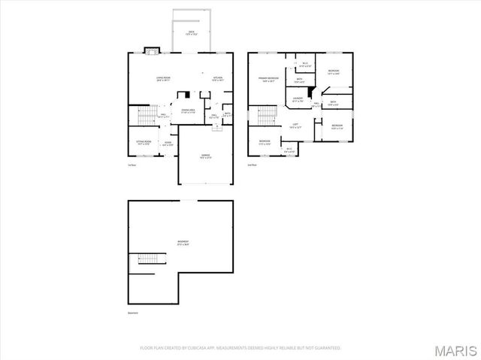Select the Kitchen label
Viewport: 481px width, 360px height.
click(x=217, y=77)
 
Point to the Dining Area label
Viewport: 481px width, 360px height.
click(x=189, y=110)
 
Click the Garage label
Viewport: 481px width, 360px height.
click(x=205, y=156)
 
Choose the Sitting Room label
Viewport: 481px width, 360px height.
click(x=143, y=142)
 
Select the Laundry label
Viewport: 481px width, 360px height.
click(x=298, y=98)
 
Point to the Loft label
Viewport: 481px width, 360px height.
click(x=295, y=126)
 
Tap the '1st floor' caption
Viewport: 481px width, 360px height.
click(x=132, y=164)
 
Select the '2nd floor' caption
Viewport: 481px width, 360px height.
click(x=252, y=164)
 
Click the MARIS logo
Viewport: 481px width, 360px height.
click(x=458, y=349)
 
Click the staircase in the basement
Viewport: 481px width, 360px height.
click(x=146, y=260)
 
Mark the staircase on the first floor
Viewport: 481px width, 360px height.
click(x=148, y=115)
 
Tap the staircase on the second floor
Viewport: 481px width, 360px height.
click(x=268, y=115)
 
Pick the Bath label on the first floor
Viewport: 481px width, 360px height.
click(x=226, y=114)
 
